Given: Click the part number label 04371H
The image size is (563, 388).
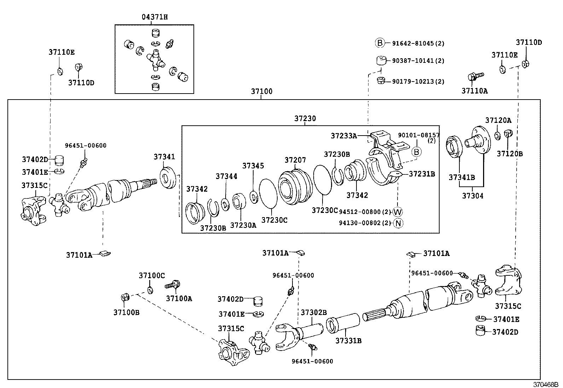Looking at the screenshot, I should tap(155, 17).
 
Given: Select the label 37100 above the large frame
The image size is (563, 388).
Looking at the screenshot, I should tap(262, 91).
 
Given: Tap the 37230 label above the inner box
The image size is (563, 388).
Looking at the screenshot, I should tap(305, 119).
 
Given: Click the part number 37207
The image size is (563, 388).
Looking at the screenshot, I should tap(295, 160).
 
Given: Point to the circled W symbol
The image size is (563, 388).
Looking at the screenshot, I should tap(398, 212).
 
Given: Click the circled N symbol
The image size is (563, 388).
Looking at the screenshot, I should tap(398, 223).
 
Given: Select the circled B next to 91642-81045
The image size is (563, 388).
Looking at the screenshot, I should tap(379, 43).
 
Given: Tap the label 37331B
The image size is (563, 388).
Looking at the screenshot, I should tap(348, 341).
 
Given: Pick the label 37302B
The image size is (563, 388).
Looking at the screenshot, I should tap(314, 312).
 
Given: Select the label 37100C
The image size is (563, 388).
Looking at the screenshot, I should tap(152, 275).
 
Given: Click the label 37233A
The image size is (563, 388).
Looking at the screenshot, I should tap(344, 136).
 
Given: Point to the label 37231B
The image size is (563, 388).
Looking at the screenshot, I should tap(422, 174).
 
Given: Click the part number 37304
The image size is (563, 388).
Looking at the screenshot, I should tap(472, 195).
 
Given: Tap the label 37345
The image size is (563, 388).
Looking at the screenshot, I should tap(253, 166).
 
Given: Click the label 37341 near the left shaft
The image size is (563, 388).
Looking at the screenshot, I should tap(164, 157).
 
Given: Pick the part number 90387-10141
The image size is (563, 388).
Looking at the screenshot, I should tap(413, 61).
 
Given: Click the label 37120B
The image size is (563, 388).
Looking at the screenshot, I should tap(510, 154).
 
